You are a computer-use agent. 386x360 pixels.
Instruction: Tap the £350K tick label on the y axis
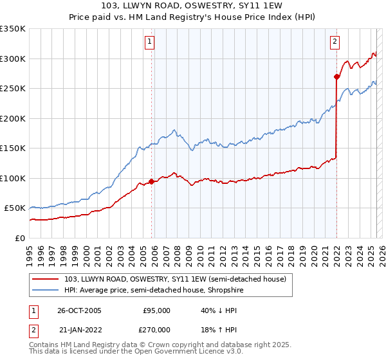pos(13,29)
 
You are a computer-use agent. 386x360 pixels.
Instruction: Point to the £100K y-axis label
pos(13,178)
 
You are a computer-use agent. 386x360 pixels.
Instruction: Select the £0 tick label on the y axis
pos(21,238)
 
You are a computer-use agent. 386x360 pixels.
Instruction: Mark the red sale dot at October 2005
pos(152,181)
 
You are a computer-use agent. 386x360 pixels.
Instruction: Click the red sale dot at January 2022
pos(336,76)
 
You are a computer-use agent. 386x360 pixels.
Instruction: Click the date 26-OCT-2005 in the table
pos(79,310)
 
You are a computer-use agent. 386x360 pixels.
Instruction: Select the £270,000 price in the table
pos(156,329)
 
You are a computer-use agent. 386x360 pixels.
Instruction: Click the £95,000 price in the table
pos(156,310)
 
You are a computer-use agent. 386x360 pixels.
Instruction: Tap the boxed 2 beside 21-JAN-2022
pos(33,329)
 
